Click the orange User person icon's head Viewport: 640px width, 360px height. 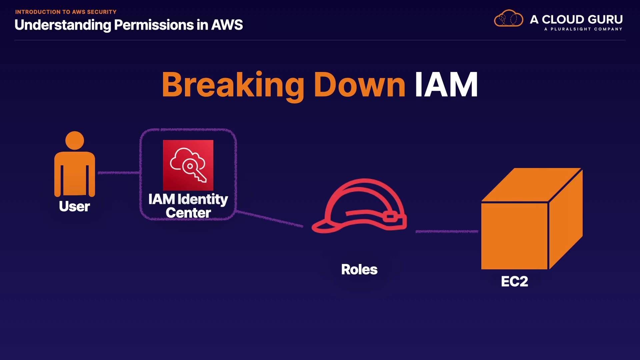coord(75,140)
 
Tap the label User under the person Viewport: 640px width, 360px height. coord(74,206)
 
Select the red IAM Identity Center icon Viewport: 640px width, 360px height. coord(188,165)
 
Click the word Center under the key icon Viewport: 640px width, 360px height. coord(188,213)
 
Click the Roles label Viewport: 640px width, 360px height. coord(359,269)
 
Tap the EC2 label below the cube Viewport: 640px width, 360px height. coord(514,282)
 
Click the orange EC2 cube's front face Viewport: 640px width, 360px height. coord(514,236)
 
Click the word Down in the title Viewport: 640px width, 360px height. coord(359,85)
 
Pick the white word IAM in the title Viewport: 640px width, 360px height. coord(446,85)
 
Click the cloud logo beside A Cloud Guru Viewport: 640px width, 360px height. coord(508,19)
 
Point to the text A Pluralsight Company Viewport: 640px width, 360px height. coord(583,29)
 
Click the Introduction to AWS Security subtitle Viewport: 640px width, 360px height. coord(66,12)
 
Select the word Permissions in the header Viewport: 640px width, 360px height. coord(154,25)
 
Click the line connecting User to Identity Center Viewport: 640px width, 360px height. coord(119,173)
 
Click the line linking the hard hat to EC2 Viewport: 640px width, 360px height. coord(447,231)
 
